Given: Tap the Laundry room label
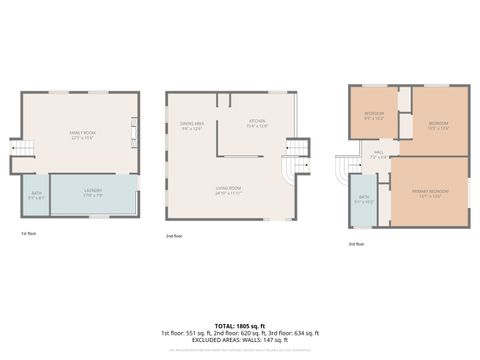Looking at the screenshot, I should coord(93,193).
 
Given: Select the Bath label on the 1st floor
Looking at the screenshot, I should coord(36,195).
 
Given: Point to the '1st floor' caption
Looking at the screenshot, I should coord(28,233).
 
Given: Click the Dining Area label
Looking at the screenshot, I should coord(192,125).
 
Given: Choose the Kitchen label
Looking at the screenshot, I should coord(257,124).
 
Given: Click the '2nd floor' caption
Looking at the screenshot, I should coord(174,236).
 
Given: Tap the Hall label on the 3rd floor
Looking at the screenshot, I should coord(379,155).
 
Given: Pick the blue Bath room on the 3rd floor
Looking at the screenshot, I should coord(364,199).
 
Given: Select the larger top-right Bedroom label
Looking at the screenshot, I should coord(437,124).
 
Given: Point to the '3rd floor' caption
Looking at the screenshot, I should coord(357,243).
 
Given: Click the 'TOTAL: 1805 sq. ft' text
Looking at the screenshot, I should coord(240,325).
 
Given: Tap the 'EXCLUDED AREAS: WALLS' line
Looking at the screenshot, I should coord(240,340).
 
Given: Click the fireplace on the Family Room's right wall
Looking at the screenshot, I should coord(134,132).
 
